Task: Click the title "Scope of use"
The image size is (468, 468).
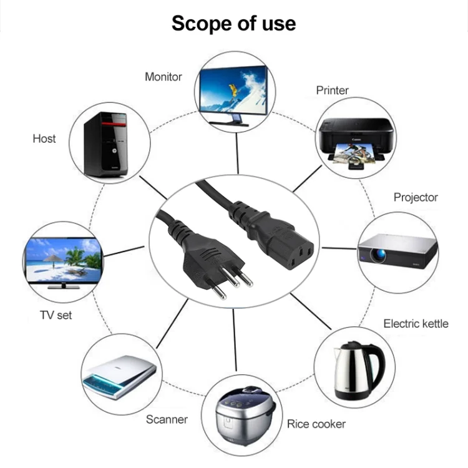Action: (233, 23)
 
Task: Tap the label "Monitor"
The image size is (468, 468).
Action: (163, 77)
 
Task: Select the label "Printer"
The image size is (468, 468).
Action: (332, 90)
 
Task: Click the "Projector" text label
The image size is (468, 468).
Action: (416, 197)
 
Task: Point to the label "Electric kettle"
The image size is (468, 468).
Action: (416, 323)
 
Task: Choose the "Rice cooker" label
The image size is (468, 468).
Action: (316, 424)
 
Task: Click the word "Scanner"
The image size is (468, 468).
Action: (167, 419)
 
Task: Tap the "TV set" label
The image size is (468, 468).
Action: (56, 315)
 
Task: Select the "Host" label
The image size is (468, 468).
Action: (44, 139)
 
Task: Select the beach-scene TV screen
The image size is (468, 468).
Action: (62, 260)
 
